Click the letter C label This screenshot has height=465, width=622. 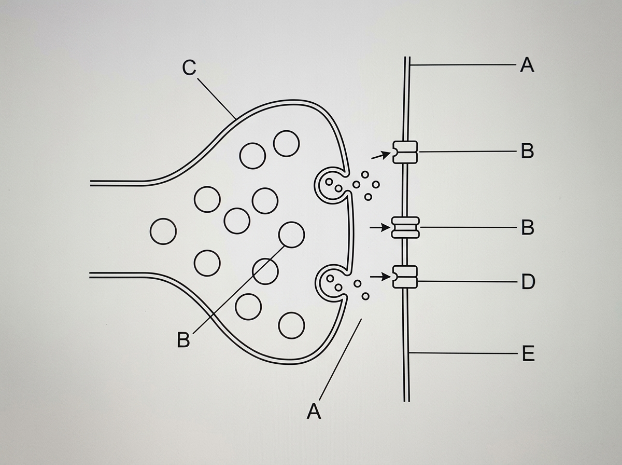(x=189, y=68)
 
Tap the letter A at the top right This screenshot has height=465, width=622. (x=527, y=65)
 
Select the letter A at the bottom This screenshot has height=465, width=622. (x=314, y=411)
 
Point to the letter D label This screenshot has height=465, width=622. (x=528, y=282)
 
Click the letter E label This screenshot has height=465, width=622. (x=528, y=353)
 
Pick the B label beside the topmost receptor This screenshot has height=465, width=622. (x=527, y=151)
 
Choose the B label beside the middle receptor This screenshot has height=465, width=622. (x=527, y=227)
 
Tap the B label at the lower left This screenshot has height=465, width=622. (x=183, y=340)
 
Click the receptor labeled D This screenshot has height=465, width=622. (x=405, y=277)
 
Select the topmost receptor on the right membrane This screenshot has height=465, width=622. (x=405, y=152)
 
